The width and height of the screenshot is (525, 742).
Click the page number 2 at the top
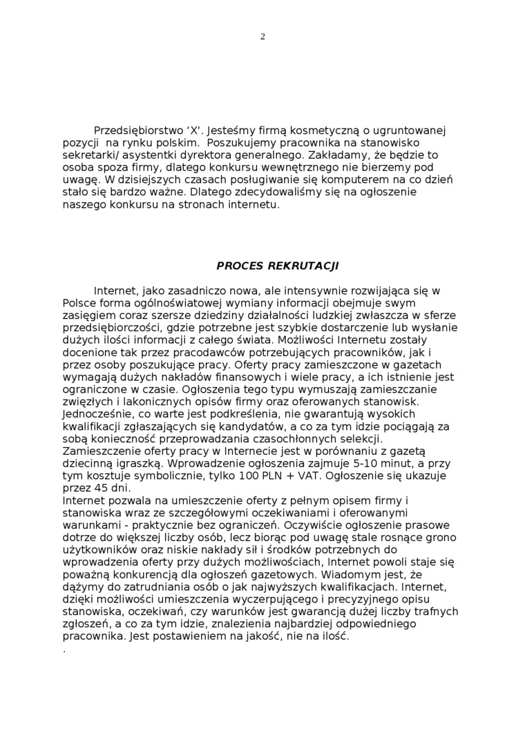coord(262,37)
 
